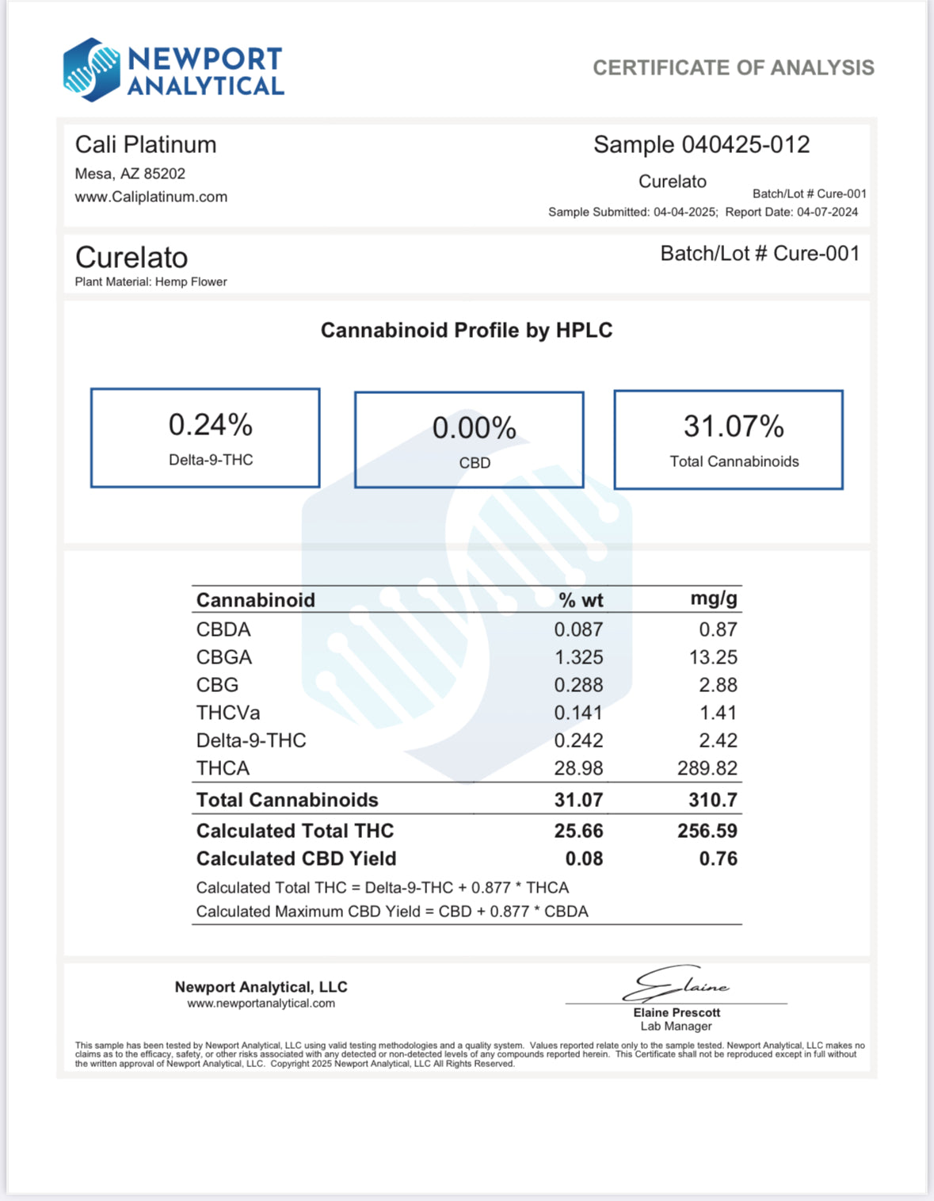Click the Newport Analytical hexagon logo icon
[x=91, y=70]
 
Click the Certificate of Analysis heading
[x=733, y=68]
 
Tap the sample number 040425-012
[x=745, y=145]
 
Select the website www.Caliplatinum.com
[x=151, y=197]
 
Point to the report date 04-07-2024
[x=827, y=212]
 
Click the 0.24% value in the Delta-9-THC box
[x=210, y=426]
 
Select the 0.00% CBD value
[x=474, y=429]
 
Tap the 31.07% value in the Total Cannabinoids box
[x=734, y=427]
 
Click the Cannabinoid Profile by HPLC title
[x=467, y=331]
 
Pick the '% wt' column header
[x=581, y=600]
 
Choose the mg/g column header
[x=713, y=599]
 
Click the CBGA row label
[x=224, y=657]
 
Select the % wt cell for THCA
[x=578, y=768]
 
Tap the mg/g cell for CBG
[x=718, y=685]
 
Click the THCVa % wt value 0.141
[x=578, y=713]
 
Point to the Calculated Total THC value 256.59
[x=707, y=831]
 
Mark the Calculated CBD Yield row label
[x=296, y=859]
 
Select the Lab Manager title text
[x=676, y=1027]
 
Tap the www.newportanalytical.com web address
[x=261, y=1004]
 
